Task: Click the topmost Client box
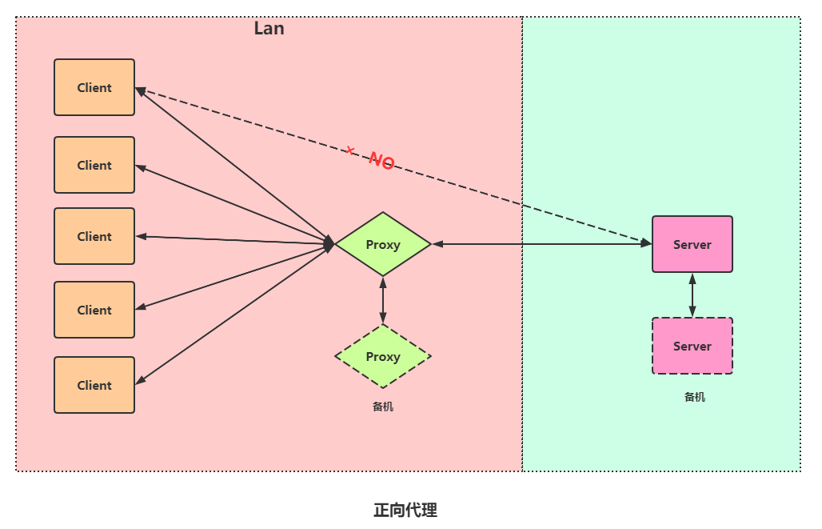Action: [94, 87]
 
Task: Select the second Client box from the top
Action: [94, 165]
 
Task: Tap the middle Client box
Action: [94, 236]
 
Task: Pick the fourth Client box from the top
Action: [94, 310]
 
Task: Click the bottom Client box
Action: [94, 385]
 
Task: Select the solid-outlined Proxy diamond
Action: [383, 244]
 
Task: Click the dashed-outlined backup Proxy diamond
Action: [383, 356]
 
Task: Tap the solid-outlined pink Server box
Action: [692, 244]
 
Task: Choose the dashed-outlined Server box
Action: [692, 346]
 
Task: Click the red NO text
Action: [381, 161]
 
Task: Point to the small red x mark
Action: [349, 150]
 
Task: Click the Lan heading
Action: [269, 28]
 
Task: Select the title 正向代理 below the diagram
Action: [405, 510]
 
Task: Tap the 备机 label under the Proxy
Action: [383, 407]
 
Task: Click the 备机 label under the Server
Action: [695, 397]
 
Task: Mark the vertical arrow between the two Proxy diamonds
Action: [383, 300]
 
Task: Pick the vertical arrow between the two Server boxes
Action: [692, 295]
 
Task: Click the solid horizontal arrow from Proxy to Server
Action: [542, 244]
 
